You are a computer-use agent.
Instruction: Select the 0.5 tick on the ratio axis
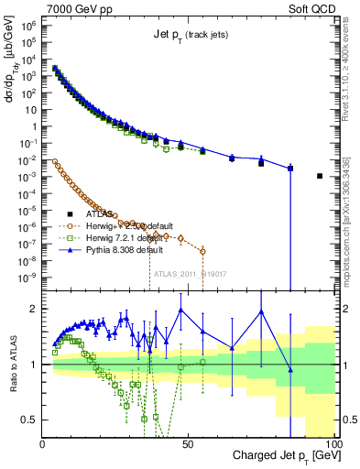[31, 420]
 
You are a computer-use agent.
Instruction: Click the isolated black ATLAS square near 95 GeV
[320, 176]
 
